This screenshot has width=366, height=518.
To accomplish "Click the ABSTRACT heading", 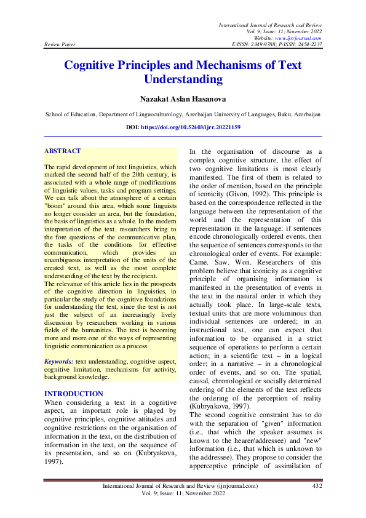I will click(x=63, y=151).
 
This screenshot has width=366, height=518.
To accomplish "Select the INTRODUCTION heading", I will click(x=74, y=394).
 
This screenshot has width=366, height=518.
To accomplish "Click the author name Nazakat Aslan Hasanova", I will click(x=183, y=98).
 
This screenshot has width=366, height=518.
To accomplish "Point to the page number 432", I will click(x=317, y=486).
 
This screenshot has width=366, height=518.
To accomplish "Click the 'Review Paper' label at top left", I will click(x=60, y=45).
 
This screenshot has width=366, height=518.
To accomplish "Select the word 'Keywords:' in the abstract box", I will click(x=59, y=361).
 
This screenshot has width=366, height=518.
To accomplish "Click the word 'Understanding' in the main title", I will click(x=183, y=80).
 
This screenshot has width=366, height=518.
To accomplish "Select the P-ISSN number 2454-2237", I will click(x=306, y=45).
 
